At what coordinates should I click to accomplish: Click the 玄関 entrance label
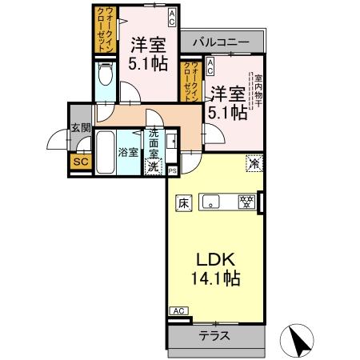[78, 128]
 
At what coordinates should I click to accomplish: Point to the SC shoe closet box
[78, 161]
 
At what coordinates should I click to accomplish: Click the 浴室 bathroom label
[129, 152]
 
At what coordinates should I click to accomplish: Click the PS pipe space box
[173, 170]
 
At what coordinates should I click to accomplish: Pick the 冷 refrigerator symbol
[253, 162]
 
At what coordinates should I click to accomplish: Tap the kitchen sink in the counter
[212, 201]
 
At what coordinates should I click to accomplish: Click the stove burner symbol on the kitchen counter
[247, 201]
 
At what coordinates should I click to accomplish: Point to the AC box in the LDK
[178, 311]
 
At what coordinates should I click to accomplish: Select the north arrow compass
[298, 341]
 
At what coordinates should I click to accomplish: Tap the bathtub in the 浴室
[106, 153]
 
